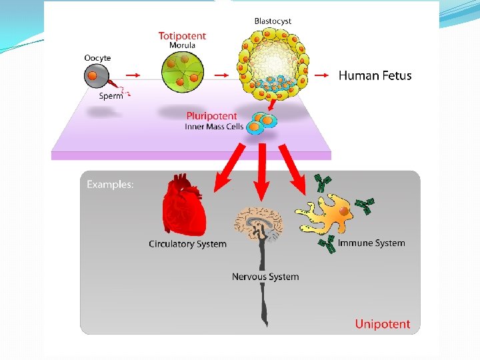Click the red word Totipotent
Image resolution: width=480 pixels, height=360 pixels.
(182, 35)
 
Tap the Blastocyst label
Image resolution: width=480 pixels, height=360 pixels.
(273, 21)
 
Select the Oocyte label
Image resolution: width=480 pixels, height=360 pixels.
(97, 58)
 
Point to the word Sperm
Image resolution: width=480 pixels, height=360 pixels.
(111, 96)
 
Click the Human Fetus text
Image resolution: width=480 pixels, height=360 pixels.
(375, 75)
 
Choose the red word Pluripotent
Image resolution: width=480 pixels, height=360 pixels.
(211, 116)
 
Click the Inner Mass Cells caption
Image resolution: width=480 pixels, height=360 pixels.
(214, 127)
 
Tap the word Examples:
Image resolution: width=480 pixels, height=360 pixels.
(110, 185)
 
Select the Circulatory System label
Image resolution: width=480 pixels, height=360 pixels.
(187, 244)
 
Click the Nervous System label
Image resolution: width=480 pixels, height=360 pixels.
(265, 277)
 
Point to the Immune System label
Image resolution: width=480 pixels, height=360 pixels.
(371, 243)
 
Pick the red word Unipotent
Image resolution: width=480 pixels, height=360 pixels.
(382, 325)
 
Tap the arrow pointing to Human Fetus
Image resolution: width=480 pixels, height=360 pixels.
(321, 75)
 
